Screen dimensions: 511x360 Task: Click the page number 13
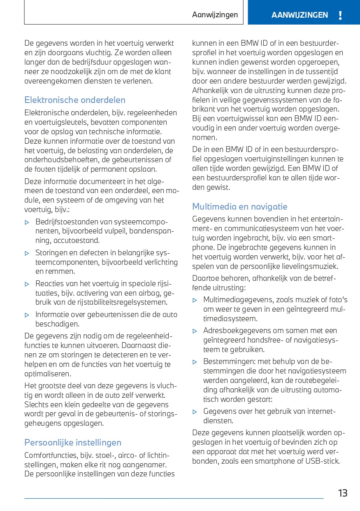[343, 493]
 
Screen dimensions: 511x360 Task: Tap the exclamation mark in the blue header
[340, 16]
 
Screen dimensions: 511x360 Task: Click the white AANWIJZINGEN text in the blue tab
[300, 15]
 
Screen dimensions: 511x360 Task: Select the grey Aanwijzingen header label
[215, 15]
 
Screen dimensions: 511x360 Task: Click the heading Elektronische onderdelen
[75, 100]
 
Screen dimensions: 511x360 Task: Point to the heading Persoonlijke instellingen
[73, 443]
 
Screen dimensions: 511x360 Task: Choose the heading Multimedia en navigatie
[240, 207]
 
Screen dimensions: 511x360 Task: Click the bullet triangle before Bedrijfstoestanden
[27, 222]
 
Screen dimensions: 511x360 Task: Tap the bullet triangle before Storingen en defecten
[27, 253]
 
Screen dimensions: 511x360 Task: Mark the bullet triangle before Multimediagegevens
[195, 300]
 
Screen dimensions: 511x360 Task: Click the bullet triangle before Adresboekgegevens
[195, 331]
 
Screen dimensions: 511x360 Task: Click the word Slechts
[36, 404]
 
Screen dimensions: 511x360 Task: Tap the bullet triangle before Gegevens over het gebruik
[195, 411]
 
